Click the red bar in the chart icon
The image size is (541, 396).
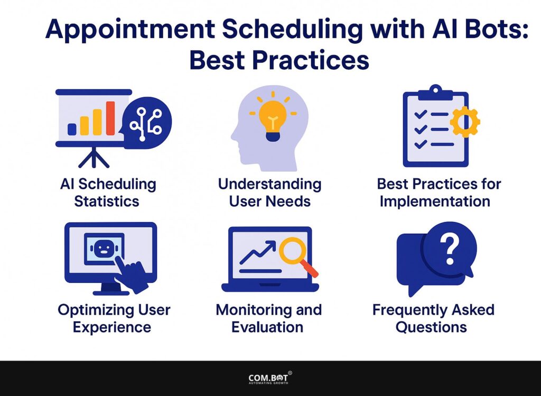pos(110,118)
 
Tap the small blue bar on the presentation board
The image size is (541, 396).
pos(72,129)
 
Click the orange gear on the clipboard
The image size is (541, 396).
pos(465,122)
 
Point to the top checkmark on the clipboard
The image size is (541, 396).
pos(421,114)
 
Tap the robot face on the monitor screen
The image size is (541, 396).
pos(104,248)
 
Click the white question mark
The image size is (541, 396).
pos(450,248)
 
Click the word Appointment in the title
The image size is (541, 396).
pos(130,30)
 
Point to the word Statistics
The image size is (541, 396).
pos(107,201)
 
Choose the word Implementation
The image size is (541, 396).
pos(435,202)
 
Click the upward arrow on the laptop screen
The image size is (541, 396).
pos(258,252)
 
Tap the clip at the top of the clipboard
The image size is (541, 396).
pos(435,93)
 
